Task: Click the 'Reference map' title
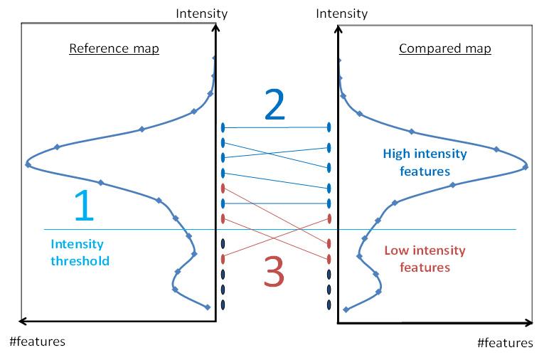(x=114, y=48)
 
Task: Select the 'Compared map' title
(x=445, y=48)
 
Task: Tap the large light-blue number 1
(x=85, y=205)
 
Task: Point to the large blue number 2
(x=274, y=105)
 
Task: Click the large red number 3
(x=274, y=271)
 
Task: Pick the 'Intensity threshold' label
(x=80, y=252)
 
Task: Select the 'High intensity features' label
(x=425, y=162)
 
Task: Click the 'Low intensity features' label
(x=425, y=259)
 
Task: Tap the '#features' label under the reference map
(x=37, y=342)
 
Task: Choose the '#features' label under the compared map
(x=505, y=343)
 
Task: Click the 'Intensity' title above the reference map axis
(x=202, y=14)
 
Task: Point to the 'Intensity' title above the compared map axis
(x=342, y=14)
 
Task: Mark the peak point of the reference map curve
(x=28, y=164)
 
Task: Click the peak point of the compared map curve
(x=526, y=167)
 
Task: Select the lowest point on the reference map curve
(x=207, y=307)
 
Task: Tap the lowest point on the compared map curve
(x=346, y=309)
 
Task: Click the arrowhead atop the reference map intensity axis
(x=216, y=26)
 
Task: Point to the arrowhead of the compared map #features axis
(x=528, y=323)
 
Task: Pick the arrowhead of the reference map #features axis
(x=23, y=321)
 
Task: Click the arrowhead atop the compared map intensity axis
(x=338, y=28)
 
